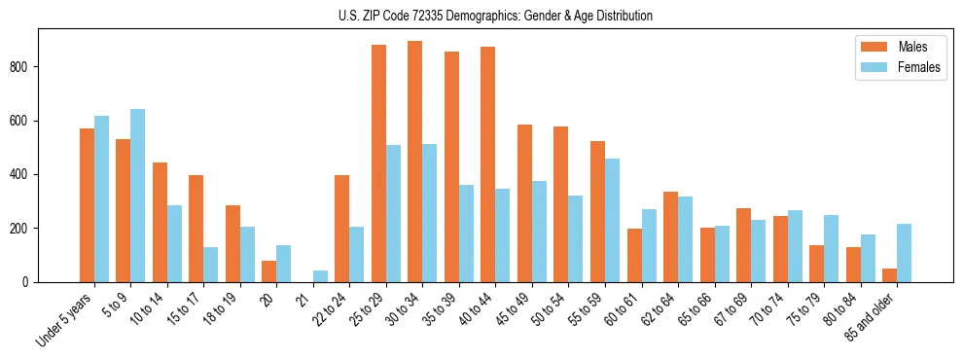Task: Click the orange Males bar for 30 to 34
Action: coord(415,162)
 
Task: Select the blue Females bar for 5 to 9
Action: coord(138,196)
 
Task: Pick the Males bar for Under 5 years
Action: coord(88,205)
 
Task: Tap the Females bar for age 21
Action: coord(320,276)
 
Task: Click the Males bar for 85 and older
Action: coord(890,275)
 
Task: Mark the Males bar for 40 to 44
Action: coord(488,164)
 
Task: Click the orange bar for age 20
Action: coord(269,271)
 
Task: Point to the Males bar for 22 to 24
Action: coord(342,229)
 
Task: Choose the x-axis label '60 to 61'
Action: coord(624,309)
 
